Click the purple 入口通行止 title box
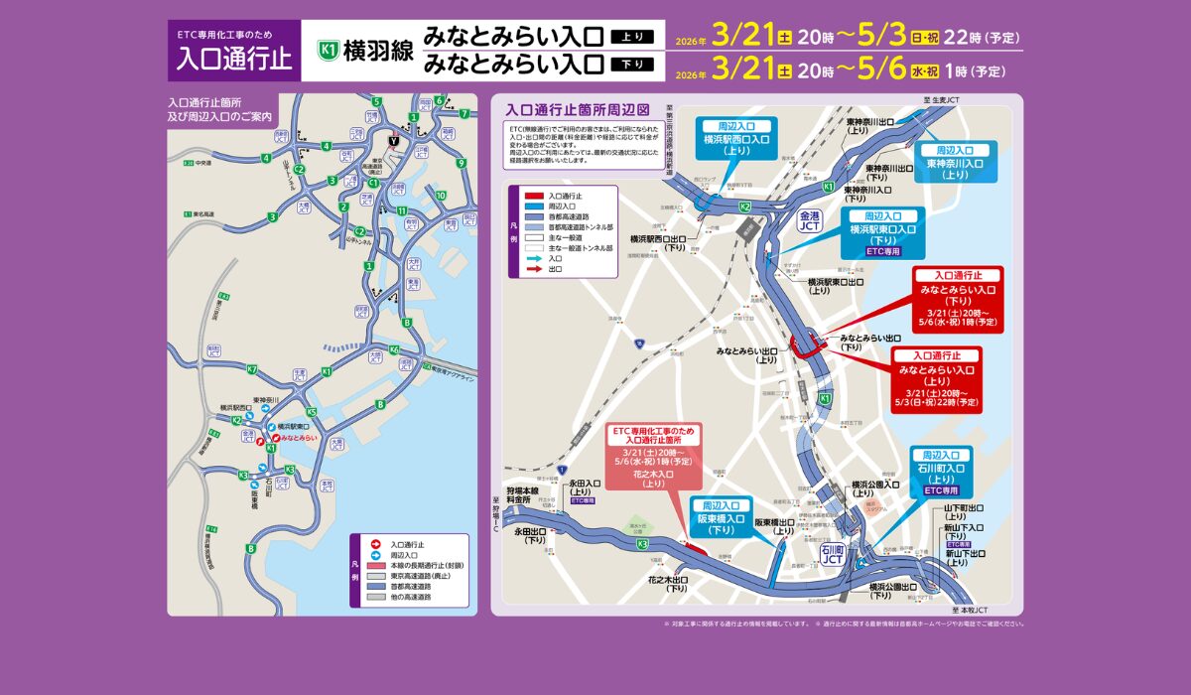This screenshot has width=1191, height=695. (233, 51)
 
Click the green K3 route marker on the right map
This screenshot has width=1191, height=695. (642, 544)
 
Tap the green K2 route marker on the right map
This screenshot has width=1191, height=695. (744, 206)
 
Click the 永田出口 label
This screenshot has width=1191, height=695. (530, 536)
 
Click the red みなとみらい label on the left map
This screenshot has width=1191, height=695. (298, 437)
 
